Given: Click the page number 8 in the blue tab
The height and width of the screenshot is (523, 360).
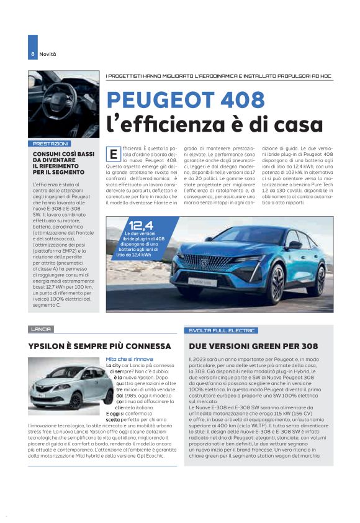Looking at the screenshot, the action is point(32,54).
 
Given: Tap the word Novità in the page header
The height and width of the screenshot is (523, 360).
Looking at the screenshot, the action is point(48,54).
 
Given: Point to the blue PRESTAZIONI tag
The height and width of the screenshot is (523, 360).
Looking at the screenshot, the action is point(50,143).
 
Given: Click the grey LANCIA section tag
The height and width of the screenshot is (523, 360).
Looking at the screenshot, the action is point(41,329).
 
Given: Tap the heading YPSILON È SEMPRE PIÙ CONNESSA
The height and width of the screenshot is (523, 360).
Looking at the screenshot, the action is point(99,345).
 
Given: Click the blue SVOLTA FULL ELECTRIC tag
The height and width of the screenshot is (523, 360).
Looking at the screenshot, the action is point(221,330).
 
